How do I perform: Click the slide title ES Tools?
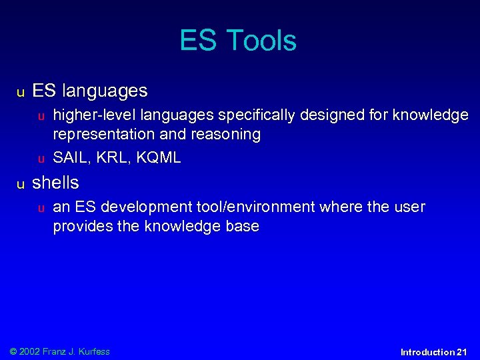click(x=238, y=41)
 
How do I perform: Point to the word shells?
click(x=55, y=183)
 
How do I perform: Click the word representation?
click(x=102, y=135)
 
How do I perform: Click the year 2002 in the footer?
click(x=29, y=351)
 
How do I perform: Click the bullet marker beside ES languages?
click(x=21, y=91)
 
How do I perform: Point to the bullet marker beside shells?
click(x=21, y=184)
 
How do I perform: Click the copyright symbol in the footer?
click(x=13, y=351)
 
